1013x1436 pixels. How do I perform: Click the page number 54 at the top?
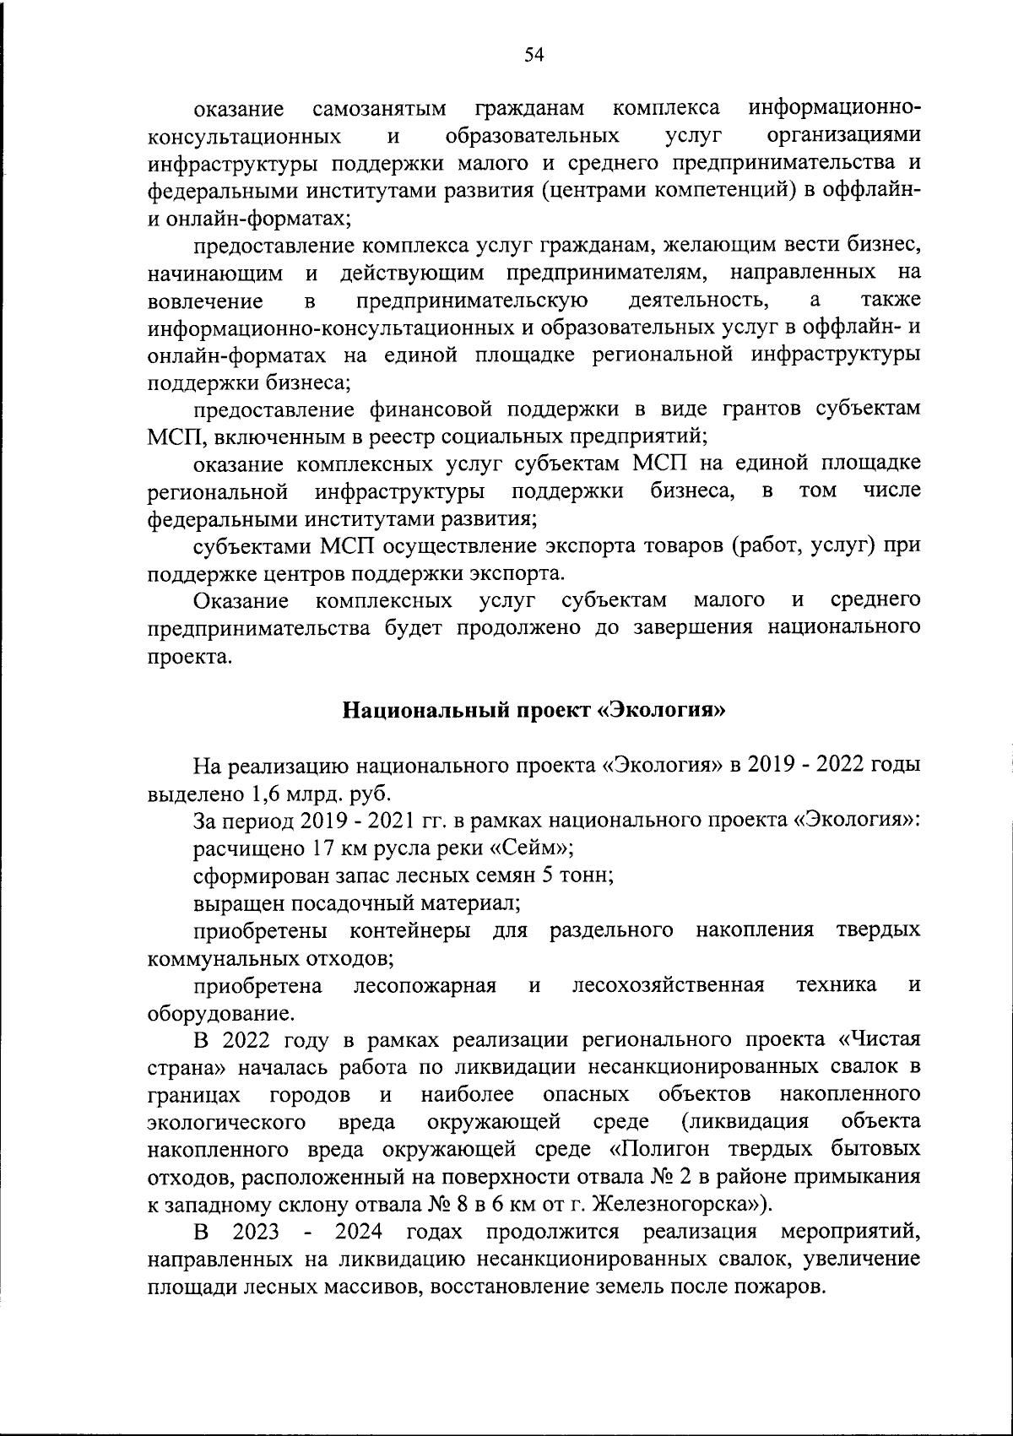(534, 56)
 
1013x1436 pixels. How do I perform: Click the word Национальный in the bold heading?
(414, 711)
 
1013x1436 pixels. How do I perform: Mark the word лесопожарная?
(425, 985)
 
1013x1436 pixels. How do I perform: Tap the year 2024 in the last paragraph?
(358, 1233)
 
